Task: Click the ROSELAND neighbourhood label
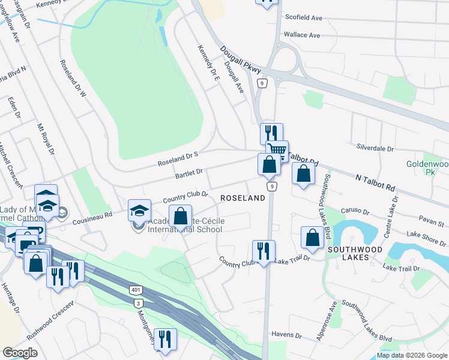pos(243,198)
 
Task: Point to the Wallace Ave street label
pos(302,35)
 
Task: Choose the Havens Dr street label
pos(286,334)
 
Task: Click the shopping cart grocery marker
pos(277,150)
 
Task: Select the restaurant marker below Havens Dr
pos(164,338)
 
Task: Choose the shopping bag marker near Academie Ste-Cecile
pos(180,216)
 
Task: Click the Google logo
pos(20,353)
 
